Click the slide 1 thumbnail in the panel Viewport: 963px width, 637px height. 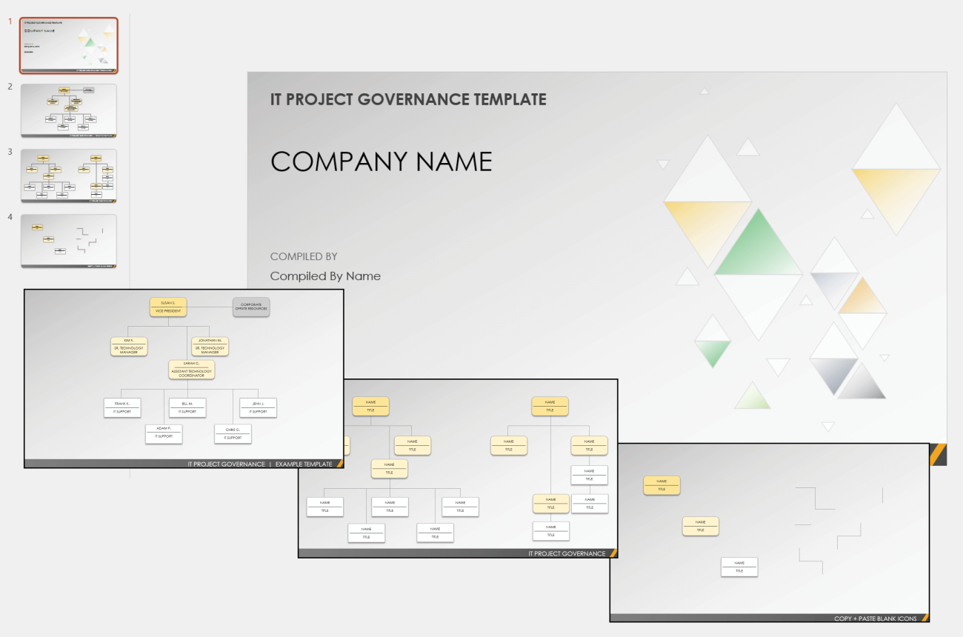click(x=69, y=45)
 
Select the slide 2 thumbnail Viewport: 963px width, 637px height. click(x=69, y=110)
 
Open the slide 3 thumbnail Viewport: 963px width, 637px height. click(x=69, y=176)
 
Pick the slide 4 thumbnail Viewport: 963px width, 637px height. click(x=69, y=241)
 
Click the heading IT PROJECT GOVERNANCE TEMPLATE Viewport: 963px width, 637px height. click(x=408, y=99)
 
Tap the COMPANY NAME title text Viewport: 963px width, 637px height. click(x=381, y=161)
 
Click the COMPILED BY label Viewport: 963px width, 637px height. click(x=304, y=256)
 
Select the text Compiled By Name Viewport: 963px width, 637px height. click(x=325, y=276)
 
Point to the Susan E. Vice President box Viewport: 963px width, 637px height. click(x=168, y=307)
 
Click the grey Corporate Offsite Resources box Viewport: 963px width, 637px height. click(x=251, y=307)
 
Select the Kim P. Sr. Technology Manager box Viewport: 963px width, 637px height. click(x=129, y=347)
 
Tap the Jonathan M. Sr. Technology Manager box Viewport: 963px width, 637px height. click(x=210, y=347)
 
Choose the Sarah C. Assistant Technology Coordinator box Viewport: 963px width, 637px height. click(x=192, y=370)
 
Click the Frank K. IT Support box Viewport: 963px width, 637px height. click(x=122, y=407)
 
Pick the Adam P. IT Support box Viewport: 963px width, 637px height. click(x=164, y=433)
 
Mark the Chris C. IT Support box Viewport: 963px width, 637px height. click(x=233, y=433)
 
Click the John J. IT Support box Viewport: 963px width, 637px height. click(x=258, y=407)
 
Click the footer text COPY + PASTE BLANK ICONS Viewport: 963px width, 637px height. click(x=875, y=618)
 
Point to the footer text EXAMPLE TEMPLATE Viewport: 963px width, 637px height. click(x=304, y=464)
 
